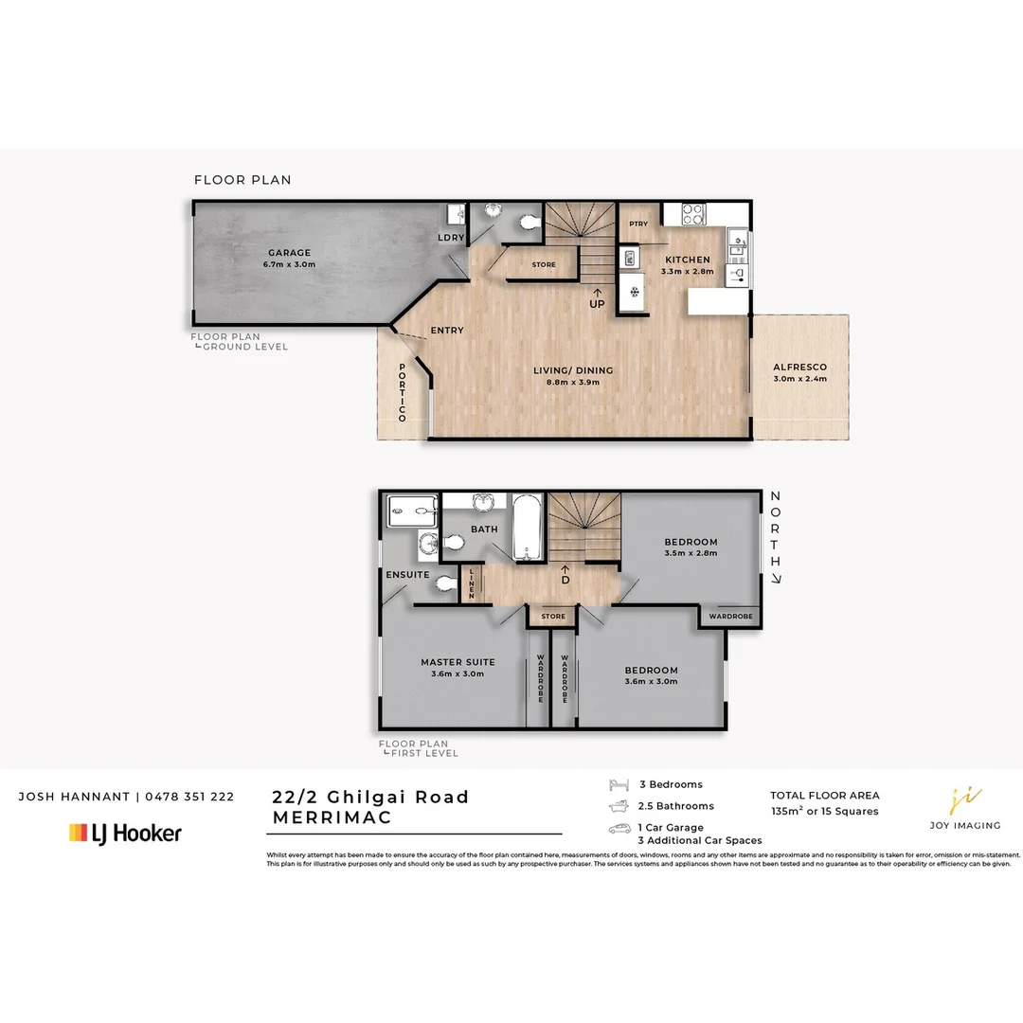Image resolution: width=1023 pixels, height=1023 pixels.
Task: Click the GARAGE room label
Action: pos(289,258)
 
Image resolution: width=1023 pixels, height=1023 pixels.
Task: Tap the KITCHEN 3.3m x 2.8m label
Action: pos(687,265)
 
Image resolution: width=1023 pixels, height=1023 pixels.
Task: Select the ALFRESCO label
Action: pos(799,372)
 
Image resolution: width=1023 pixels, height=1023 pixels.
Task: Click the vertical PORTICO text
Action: pos(402,392)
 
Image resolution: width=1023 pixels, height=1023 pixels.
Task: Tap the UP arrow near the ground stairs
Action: pos(597,284)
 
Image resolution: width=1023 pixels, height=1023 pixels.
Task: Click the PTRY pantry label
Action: pos(638,224)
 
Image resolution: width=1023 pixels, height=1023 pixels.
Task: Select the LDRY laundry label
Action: pos(451,238)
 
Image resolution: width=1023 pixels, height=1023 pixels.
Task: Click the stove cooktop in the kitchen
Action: pos(692,213)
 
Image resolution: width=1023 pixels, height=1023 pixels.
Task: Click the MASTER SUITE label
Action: pos(458,668)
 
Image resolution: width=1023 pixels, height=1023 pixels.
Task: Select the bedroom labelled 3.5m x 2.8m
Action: pos(691,547)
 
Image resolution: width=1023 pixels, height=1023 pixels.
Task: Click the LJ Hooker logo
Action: pos(125,834)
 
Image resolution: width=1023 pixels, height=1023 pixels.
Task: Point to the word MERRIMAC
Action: pos(332,818)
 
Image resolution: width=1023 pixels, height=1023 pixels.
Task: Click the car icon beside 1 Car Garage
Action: pos(619,828)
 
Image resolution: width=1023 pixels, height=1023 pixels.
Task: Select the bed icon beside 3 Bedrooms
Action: pos(619,784)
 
